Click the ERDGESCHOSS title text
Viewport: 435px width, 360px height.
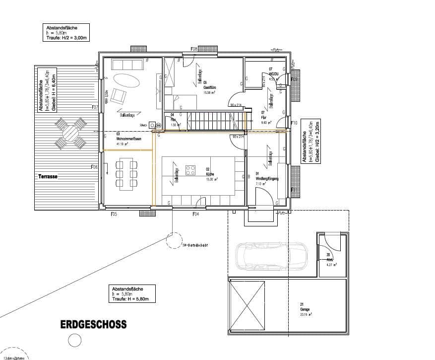[x=93, y=325]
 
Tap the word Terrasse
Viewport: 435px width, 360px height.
[x=48, y=176]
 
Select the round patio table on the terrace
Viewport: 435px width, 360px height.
[x=71, y=133]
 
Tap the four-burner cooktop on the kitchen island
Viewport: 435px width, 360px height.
[x=190, y=170]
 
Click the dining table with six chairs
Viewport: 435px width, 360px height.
[x=125, y=174]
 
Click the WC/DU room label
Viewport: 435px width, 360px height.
[x=275, y=73]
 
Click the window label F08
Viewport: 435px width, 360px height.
[x=194, y=49]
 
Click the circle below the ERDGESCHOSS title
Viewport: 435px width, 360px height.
[x=74, y=340]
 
